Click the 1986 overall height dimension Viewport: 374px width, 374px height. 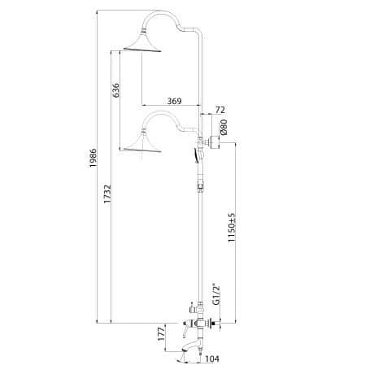(93, 158)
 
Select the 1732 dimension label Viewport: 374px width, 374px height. (107, 194)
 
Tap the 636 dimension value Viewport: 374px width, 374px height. (115, 90)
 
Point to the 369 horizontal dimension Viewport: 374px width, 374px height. (174, 101)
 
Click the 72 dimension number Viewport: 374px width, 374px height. (220, 110)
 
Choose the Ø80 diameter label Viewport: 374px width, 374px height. (224, 128)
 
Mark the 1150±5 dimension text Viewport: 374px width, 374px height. (232, 228)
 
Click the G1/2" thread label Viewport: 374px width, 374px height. (215, 294)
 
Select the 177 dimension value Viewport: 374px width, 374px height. (161, 334)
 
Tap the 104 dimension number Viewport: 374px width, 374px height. (212, 359)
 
